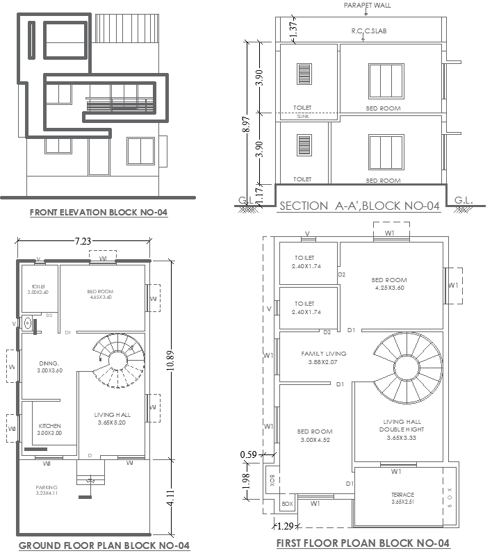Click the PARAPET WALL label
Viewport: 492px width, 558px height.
coord(367,5)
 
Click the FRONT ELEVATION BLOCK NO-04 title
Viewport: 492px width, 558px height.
coord(98,213)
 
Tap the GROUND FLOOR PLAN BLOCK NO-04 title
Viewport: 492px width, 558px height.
coord(104,545)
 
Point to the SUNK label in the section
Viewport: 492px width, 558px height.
coord(302,117)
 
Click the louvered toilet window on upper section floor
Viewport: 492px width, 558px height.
coord(304,76)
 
